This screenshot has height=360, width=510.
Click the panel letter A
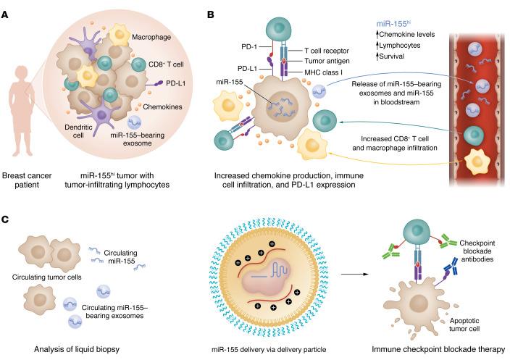click(x=7, y=13)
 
